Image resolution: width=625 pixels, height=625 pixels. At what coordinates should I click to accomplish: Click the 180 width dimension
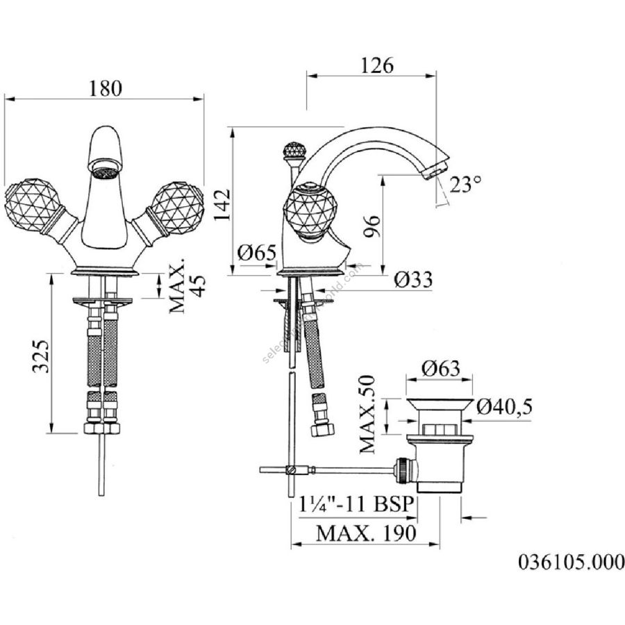(x=106, y=88)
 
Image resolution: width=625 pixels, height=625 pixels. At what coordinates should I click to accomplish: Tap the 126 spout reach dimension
(x=376, y=65)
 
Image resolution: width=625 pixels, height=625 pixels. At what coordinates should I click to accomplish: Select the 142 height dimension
(x=222, y=204)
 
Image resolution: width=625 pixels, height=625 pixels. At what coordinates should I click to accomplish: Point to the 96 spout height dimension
(x=372, y=226)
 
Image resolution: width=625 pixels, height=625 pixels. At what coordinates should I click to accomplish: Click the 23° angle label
(x=465, y=184)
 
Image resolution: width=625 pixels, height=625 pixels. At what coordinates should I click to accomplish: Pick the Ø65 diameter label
(x=257, y=252)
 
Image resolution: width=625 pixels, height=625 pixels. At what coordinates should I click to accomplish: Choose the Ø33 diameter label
(x=413, y=279)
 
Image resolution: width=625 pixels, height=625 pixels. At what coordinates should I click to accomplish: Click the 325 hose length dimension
(x=41, y=356)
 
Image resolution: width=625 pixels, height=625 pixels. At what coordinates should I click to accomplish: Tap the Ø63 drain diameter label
(x=440, y=368)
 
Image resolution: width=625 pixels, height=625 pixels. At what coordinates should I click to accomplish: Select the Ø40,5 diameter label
(x=504, y=407)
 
